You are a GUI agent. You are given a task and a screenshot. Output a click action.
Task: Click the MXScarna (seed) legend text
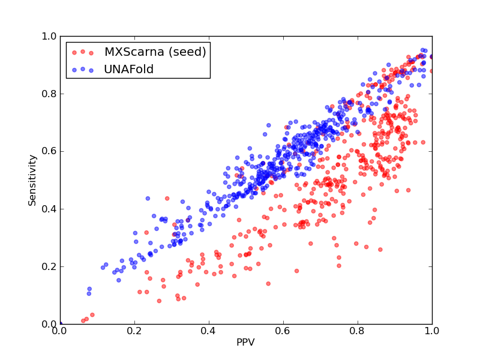pyautogui.click(x=155, y=52)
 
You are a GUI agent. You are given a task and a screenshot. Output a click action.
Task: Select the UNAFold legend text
pyautogui.click(x=128, y=70)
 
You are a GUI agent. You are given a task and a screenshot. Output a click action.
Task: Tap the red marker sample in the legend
pyautogui.click(x=83, y=52)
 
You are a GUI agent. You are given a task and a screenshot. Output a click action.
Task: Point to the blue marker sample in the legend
pyautogui.click(x=83, y=70)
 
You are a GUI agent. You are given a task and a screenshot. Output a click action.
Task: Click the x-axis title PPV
pyautogui.click(x=245, y=342)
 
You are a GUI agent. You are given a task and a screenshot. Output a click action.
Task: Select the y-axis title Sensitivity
pyautogui.click(x=32, y=181)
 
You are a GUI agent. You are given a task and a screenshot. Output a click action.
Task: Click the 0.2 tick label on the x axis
pyautogui.click(x=134, y=331)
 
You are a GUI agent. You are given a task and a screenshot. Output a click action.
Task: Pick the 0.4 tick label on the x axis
pyautogui.click(x=209, y=331)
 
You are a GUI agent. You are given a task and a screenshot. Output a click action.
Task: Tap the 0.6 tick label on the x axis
pyautogui.click(x=283, y=331)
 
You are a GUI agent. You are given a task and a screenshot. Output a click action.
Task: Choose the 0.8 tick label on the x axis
pyautogui.click(x=358, y=331)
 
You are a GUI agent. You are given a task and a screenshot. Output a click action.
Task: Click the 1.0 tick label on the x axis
pyautogui.click(x=432, y=331)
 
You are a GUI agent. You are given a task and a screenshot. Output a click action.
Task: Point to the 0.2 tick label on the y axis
pyautogui.click(x=49, y=266)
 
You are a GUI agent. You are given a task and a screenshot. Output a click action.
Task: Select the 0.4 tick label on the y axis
pyautogui.click(x=49, y=209)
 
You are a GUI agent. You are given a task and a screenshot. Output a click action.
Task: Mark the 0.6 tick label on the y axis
pyautogui.click(x=49, y=152)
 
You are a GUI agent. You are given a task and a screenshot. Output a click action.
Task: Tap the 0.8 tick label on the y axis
pyautogui.click(x=49, y=94)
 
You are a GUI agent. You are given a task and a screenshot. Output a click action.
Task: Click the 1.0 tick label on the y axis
pyautogui.click(x=49, y=37)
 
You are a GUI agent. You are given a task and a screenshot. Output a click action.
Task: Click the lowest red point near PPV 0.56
pyautogui.click(x=268, y=284)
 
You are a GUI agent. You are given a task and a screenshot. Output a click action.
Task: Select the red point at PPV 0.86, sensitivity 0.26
pyautogui.click(x=380, y=250)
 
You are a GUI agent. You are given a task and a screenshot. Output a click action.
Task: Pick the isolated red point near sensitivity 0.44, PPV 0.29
pyautogui.click(x=167, y=199)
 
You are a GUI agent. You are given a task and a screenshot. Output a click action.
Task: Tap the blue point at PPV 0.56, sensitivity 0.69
pyautogui.click(x=268, y=125)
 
